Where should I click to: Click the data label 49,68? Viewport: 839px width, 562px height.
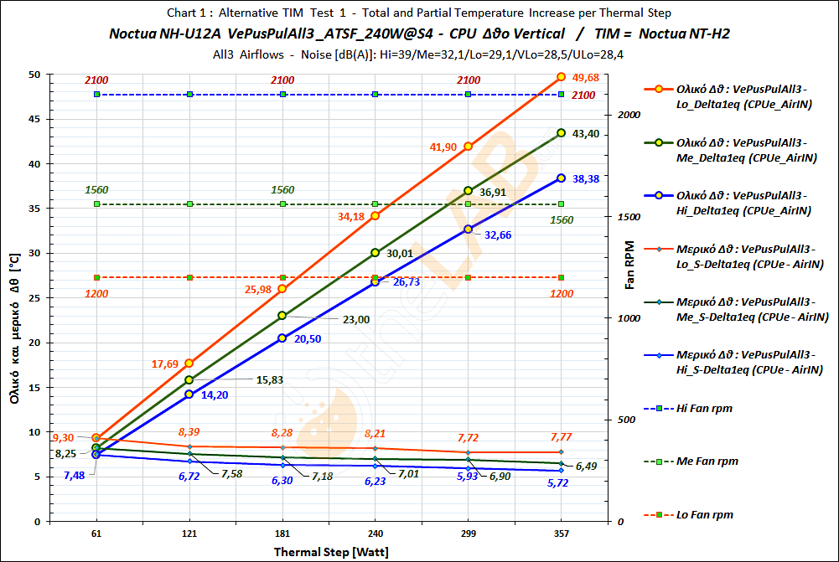tap(585, 78)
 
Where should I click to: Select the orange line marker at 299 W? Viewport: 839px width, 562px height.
tap(468, 147)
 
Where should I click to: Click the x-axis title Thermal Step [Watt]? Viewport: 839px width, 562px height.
tap(331, 552)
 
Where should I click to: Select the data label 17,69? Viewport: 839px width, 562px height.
tap(165, 364)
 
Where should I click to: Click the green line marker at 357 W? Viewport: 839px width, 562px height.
tap(561, 132)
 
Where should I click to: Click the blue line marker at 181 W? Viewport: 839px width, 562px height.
tap(282, 338)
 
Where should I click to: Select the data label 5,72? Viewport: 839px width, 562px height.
tap(561, 483)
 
